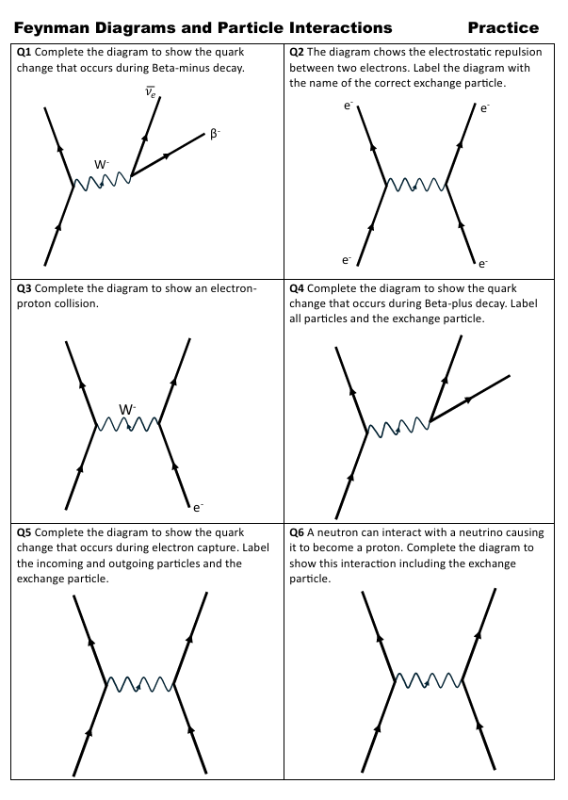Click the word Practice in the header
click(x=503, y=27)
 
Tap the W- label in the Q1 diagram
click(x=102, y=164)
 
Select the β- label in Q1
click(x=215, y=135)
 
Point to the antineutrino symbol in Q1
click(x=150, y=91)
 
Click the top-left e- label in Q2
click(x=348, y=106)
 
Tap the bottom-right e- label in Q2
click(x=483, y=263)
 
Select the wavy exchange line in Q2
click(x=416, y=184)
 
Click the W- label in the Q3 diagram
click(x=127, y=409)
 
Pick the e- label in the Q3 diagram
click(x=198, y=507)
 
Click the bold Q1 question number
click(x=24, y=53)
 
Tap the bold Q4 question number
click(x=297, y=288)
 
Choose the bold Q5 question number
click(x=24, y=532)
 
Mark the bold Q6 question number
click(x=297, y=532)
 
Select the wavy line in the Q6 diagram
click(x=428, y=679)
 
